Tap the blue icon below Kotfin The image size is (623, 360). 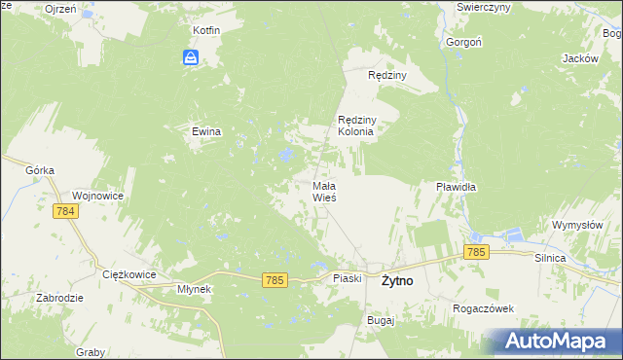pyautogui.click(x=192, y=58)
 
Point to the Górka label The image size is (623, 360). pyautogui.click(x=40, y=169)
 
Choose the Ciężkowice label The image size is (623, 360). pyautogui.click(x=129, y=275)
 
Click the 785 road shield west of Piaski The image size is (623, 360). pyautogui.click(x=275, y=280)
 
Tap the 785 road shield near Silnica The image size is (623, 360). pyautogui.click(x=476, y=252)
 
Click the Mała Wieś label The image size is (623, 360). pyautogui.click(x=324, y=191)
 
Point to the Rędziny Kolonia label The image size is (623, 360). pyautogui.click(x=355, y=126)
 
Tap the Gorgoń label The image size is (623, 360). pyautogui.click(x=462, y=43)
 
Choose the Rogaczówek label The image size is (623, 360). pyautogui.click(x=483, y=308)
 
